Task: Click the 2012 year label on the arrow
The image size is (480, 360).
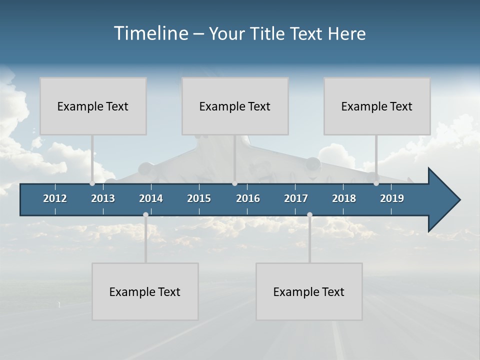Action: [55, 198]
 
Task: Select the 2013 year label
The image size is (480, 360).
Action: [103, 198]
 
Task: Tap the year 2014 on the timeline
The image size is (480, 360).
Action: [151, 198]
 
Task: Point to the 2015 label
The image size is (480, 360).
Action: [199, 198]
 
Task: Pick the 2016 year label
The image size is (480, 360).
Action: [248, 198]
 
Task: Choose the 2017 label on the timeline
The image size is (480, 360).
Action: [296, 198]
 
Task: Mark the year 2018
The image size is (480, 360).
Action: [344, 198]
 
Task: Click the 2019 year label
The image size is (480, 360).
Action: [392, 198]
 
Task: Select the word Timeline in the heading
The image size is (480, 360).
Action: [150, 33]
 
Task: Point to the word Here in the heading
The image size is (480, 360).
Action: [346, 34]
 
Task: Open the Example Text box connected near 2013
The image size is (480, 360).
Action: [93, 106]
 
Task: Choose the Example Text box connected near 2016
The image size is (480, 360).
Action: [235, 106]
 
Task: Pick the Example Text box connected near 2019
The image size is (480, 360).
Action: [377, 106]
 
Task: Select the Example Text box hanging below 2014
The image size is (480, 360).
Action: [145, 291]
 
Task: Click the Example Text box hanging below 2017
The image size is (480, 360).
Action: [309, 291]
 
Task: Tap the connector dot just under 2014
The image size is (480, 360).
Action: [145, 215]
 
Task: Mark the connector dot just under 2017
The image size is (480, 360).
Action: [309, 215]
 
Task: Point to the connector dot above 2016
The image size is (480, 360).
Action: [235, 183]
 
